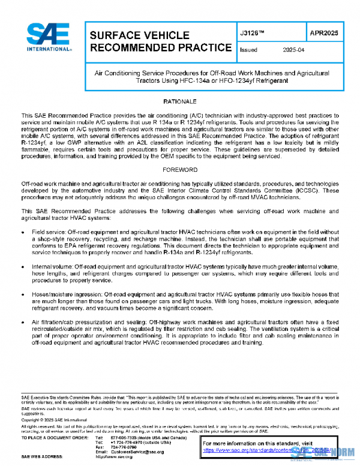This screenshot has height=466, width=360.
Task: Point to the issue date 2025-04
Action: point(294,51)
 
